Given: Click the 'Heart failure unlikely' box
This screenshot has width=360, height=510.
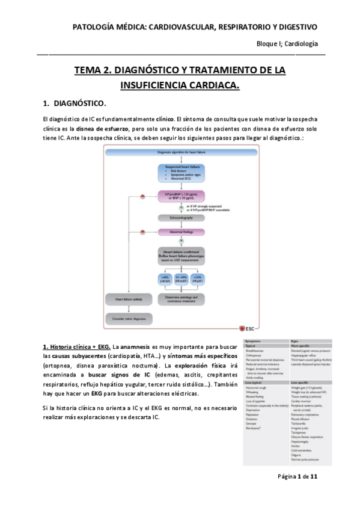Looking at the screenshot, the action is (127, 299).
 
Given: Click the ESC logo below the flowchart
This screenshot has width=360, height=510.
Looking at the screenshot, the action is (246, 329).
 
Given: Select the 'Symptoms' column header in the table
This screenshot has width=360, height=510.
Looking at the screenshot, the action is (254, 341).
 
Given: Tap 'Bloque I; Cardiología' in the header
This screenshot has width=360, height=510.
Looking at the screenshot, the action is (287, 44).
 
